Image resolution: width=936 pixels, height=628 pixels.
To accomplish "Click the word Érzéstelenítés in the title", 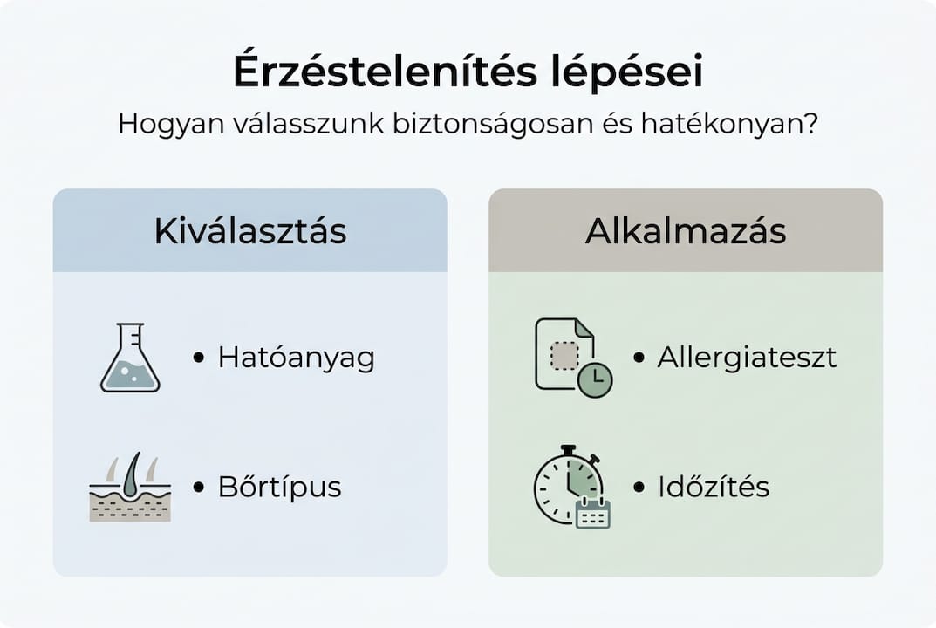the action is pyautogui.click(x=385, y=71).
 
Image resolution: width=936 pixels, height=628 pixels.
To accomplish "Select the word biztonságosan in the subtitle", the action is pyautogui.click(x=493, y=124).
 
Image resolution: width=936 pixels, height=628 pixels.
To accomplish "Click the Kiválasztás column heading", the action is pyautogui.click(x=250, y=231).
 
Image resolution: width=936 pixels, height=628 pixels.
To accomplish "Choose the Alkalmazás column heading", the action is pyautogui.click(x=686, y=231).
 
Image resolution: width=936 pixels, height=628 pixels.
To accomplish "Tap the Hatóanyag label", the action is pyautogui.click(x=296, y=358).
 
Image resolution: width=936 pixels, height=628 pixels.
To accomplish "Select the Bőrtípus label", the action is pyautogui.click(x=279, y=487).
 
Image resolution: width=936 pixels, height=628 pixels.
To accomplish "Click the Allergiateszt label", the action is pyautogui.click(x=747, y=357).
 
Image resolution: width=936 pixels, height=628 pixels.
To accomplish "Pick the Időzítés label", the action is pyautogui.click(x=714, y=486).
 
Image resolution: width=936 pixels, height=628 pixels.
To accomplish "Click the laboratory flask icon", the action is pyautogui.click(x=130, y=358).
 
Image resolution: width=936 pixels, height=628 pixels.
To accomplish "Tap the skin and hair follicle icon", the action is pyautogui.click(x=130, y=487).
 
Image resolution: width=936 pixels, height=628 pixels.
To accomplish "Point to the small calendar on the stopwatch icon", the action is pyautogui.click(x=593, y=514).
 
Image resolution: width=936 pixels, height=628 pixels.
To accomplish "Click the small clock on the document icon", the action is pyautogui.click(x=595, y=379).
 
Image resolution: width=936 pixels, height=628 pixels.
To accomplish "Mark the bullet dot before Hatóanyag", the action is pyautogui.click(x=199, y=358).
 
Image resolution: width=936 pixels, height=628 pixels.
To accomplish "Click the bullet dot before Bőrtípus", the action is pyautogui.click(x=199, y=487).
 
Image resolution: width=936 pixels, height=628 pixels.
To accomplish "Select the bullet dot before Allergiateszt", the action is pyautogui.click(x=639, y=358).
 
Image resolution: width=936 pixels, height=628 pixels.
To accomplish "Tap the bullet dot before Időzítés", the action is pyautogui.click(x=639, y=487).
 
